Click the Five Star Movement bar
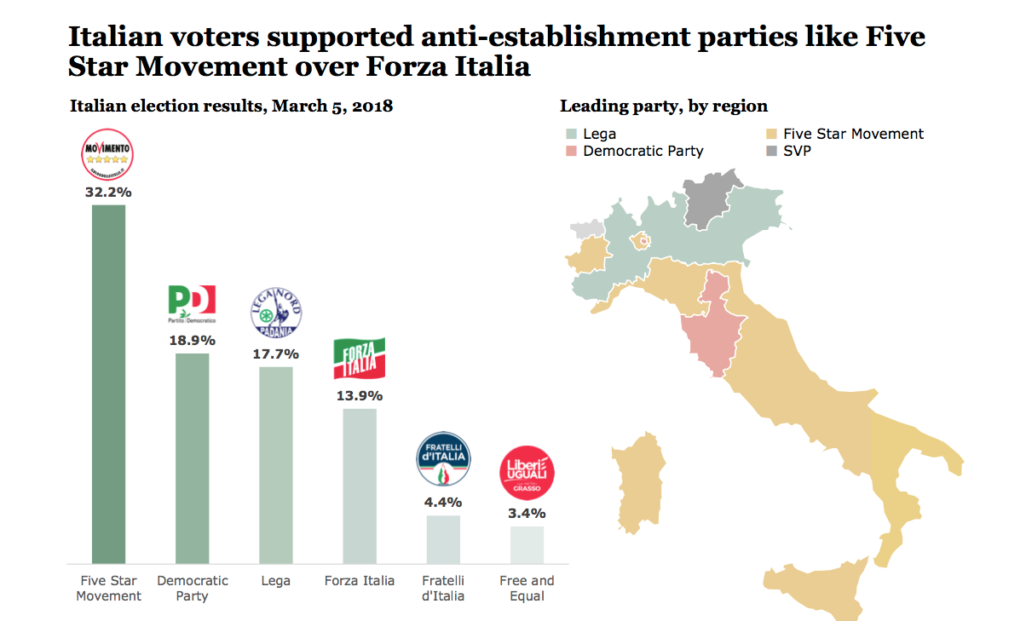(x=108, y=383)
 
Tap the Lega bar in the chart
(x=275, y=464)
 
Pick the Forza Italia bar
(x=359, y=486)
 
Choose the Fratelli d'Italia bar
(x=443, y=538)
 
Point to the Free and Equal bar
(x=527, y=544)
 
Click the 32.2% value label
(x=108, y=192)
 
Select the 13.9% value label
(x=359, y=395)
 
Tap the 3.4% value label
(x=527, y=513)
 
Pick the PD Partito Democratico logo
(x=192, y=304)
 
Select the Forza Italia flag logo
(x=359, y=359)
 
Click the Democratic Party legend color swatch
(x=572, y=151)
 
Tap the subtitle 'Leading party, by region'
(x=663, y=106)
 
